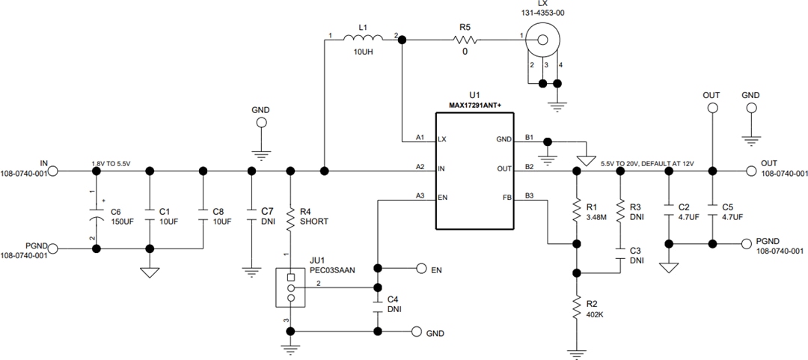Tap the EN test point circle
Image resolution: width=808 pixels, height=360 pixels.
[422, 269]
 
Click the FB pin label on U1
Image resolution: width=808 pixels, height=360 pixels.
[506, 197]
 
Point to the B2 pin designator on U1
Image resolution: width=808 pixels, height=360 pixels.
[530, 167]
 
